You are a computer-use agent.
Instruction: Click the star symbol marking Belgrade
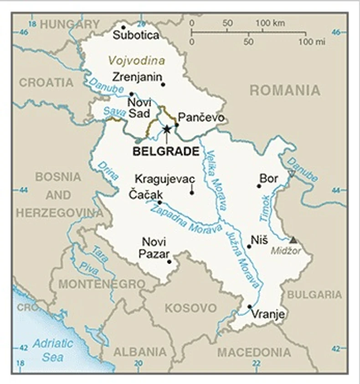point(167,129)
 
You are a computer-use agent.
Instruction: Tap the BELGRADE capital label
point(166,152)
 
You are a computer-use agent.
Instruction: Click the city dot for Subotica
point(123,27)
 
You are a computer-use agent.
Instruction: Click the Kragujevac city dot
point(192,192)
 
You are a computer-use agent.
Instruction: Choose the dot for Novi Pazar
point(169,261)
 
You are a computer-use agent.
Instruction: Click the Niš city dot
point(249,246)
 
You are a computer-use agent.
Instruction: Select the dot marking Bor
point(259,186)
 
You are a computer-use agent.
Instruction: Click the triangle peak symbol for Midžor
point(293,239)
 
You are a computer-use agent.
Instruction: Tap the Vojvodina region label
point(136,60)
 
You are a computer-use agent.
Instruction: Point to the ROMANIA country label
point(285,90)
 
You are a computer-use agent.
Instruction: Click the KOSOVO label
point(190,308)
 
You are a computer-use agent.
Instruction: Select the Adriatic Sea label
point(52,350)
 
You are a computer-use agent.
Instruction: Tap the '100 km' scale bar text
point(270,23)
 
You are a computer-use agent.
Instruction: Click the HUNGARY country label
point(69,24)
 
